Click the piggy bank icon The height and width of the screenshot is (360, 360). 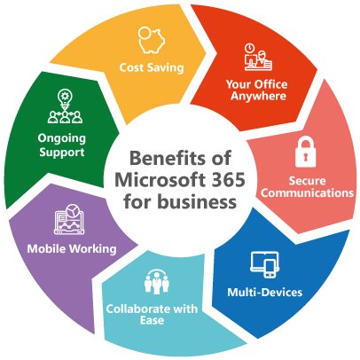click(x=152, y=40)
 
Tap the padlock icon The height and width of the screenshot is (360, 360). click(x=306, y=152)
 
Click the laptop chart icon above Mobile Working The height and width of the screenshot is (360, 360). click(x=69, y=219)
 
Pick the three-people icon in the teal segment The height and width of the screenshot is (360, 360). click(x=157, y=282)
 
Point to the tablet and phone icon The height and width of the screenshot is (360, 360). click(x=265, y=264)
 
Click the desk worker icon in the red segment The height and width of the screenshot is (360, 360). click(x=258, y=57)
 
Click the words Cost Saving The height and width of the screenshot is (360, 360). click(x=152, y=67)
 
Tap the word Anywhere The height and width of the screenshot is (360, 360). click(x=258, y=96)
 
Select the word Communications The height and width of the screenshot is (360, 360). click(x=307, y=192)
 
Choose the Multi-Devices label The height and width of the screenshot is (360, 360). click(x=265, y=293)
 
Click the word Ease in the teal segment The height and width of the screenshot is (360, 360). click(x=152, y=320)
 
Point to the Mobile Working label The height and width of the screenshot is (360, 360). click(x=72, y=249)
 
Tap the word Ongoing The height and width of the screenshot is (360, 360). click(x=62, y=138)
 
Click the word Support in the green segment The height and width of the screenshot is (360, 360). click(x=62, y=153)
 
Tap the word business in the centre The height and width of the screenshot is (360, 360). click(x=196, y=201)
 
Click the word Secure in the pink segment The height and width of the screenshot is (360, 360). click(x=307, y=181)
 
